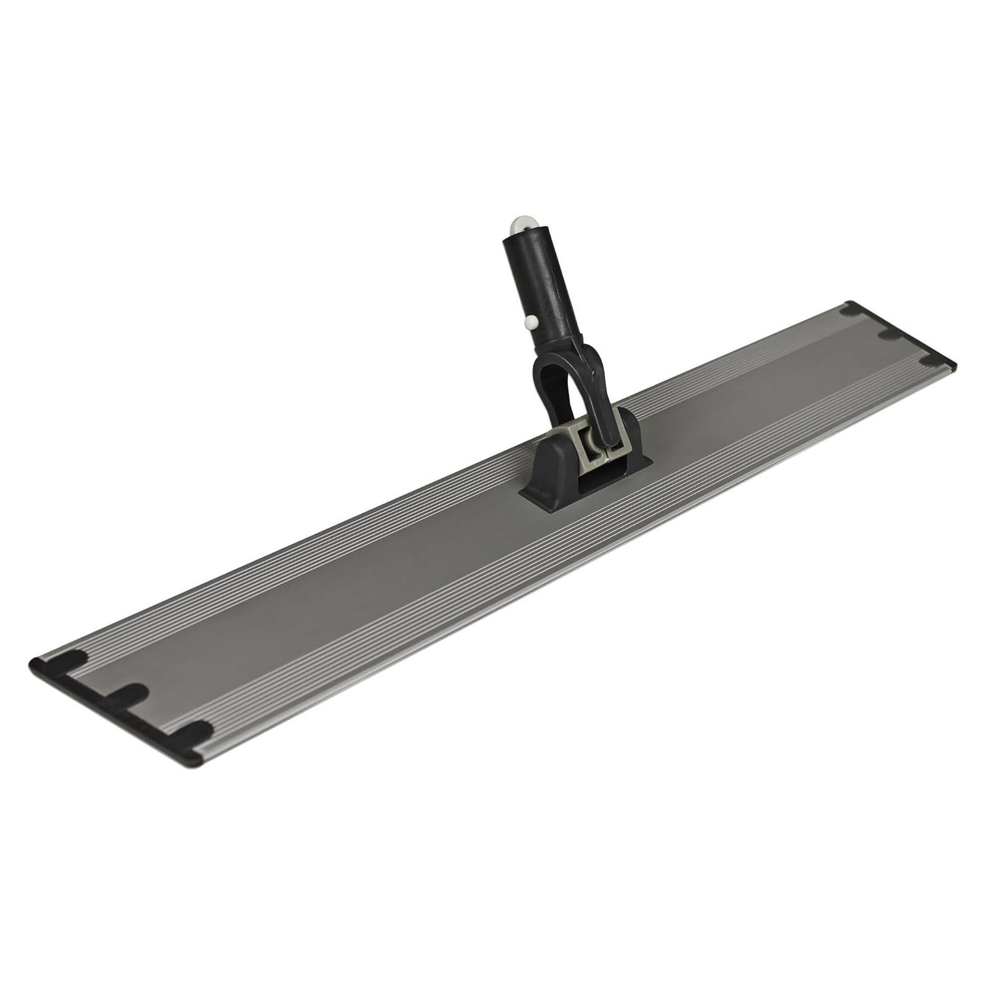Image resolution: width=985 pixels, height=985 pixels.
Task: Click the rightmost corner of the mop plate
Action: click(x=957, y=363)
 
